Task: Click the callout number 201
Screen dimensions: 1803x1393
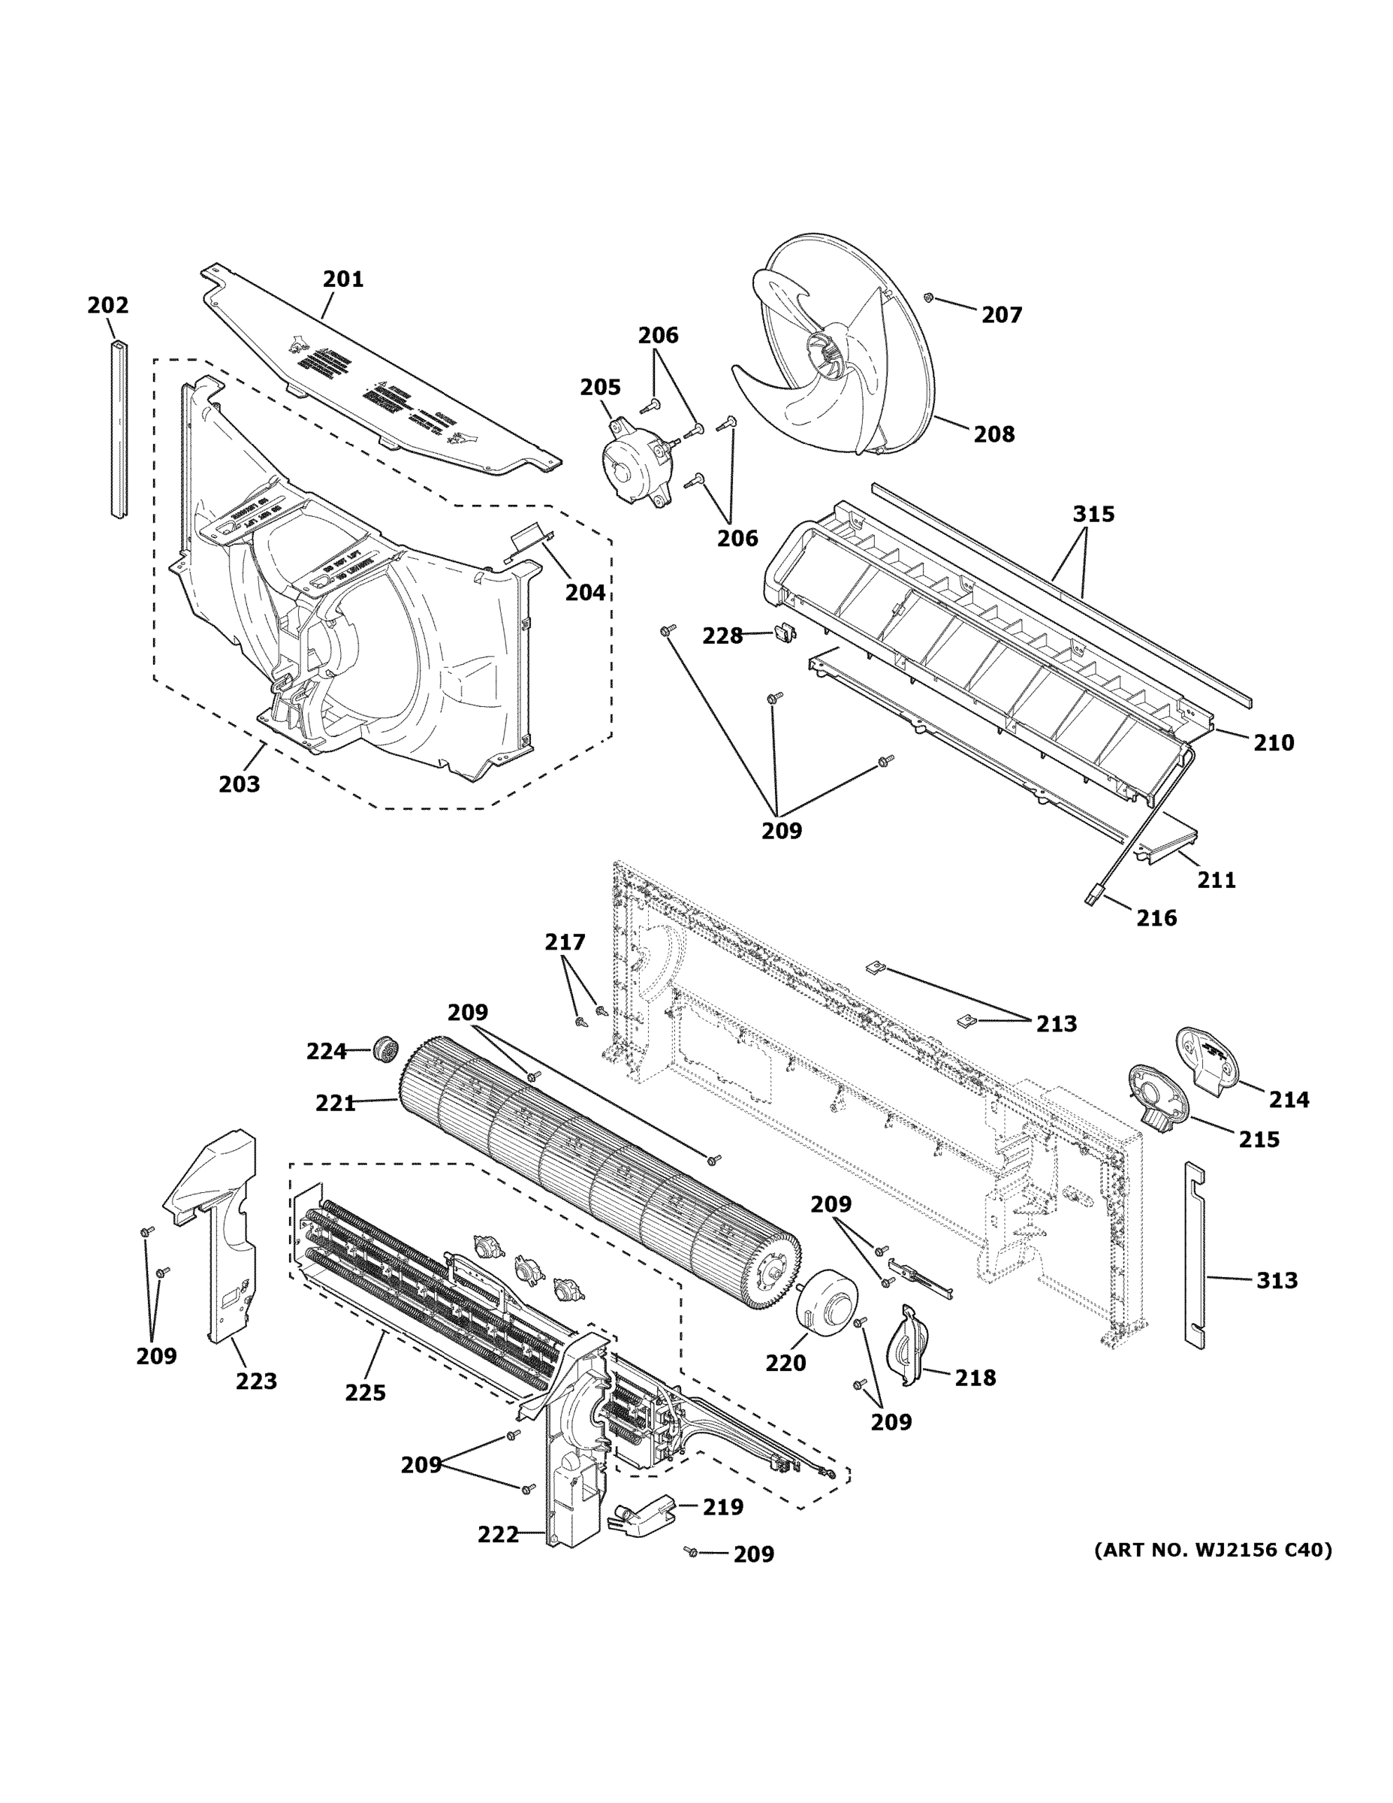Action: [x=342, y=279]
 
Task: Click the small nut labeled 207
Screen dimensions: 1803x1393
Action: [x=929, y=297]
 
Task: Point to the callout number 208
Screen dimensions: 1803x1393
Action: [x=993, y=434]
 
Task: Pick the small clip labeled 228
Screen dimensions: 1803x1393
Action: [x=783, y=634]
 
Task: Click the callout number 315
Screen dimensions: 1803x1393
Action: [x=1093, y=515]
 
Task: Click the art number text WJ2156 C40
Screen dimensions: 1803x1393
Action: [x=1212, y=1551]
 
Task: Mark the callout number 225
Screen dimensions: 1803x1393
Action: [x=365, y=1394]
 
